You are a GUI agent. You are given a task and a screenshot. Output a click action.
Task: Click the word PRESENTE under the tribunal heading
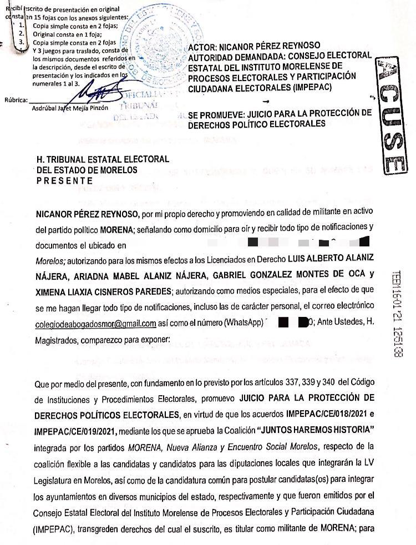(65, 180)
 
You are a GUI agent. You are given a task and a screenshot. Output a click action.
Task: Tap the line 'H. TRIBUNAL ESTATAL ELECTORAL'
(103, 159)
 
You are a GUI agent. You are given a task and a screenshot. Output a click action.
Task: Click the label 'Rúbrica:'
(15, 100)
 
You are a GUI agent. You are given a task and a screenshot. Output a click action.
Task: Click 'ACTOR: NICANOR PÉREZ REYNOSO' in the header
(262, 45)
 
